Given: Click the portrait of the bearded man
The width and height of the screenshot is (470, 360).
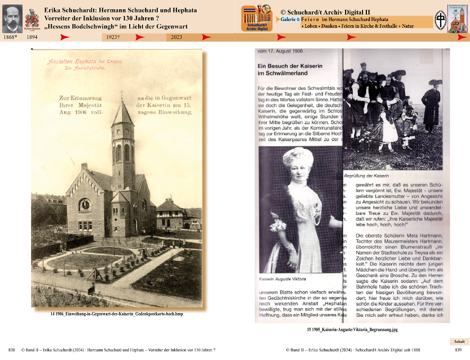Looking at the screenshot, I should [12, 19].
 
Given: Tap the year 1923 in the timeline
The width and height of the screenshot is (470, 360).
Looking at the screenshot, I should [113, 37].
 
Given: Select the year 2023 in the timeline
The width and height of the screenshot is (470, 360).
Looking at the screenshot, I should [176, 37].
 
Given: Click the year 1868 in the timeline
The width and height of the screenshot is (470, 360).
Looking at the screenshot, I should [10, 37].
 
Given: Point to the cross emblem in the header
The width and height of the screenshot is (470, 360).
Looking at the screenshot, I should [440, 20].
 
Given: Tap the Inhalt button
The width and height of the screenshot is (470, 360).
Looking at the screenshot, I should [459, 341].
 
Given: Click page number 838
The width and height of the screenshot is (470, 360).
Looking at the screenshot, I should [12, 350].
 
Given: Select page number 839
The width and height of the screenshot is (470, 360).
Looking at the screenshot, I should [458, 350].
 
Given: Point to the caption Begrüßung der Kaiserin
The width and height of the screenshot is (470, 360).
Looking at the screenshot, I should [366, 176].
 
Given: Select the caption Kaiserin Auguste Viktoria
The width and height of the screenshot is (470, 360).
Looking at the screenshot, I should [282, 279].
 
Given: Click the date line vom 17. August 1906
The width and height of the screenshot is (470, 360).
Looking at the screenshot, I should [280, 51].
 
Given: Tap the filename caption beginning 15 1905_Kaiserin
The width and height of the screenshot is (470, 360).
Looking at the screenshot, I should [352, 330].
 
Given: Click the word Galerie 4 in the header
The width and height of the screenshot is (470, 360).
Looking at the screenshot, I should [290, 19].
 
